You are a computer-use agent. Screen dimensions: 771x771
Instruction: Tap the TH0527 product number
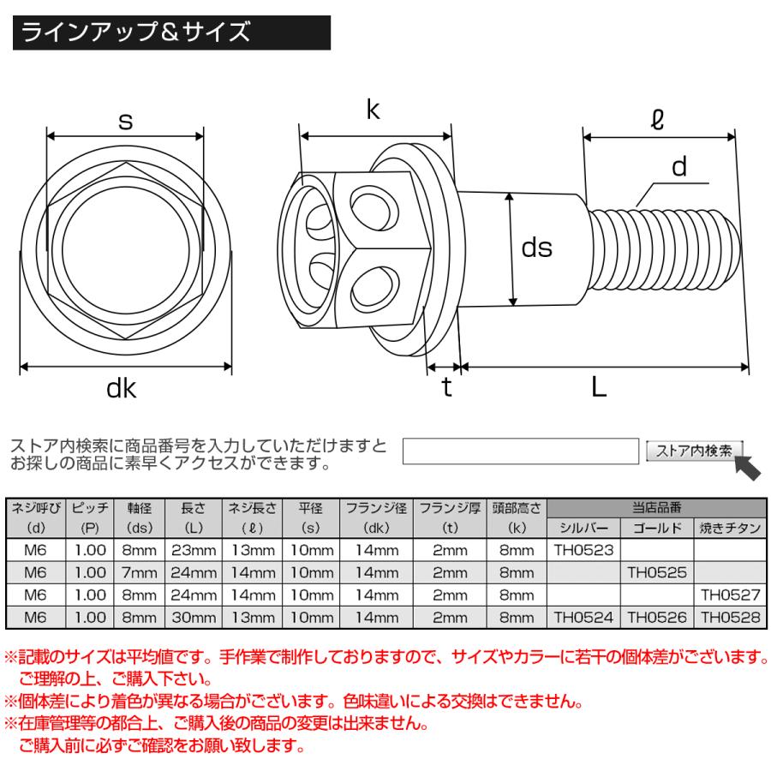click(731, 594)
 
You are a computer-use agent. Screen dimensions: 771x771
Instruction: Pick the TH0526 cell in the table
click(657, 616)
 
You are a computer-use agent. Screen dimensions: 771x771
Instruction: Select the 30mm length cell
click(194, 616)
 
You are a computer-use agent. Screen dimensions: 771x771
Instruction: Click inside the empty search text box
click(521, 451)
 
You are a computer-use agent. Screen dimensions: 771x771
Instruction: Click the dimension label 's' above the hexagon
click(125, 122)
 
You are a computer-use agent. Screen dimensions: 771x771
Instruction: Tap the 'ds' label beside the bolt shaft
click(537, 248)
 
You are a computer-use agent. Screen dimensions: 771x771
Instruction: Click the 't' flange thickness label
click(446, 387)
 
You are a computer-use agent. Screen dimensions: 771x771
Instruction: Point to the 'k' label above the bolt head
click(374, 109)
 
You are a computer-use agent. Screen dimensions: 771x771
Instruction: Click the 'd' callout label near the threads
click(679, 168)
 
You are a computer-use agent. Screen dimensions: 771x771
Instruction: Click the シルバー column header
click(583, 528)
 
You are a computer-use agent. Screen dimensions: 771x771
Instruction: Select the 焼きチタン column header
click(731, 528)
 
